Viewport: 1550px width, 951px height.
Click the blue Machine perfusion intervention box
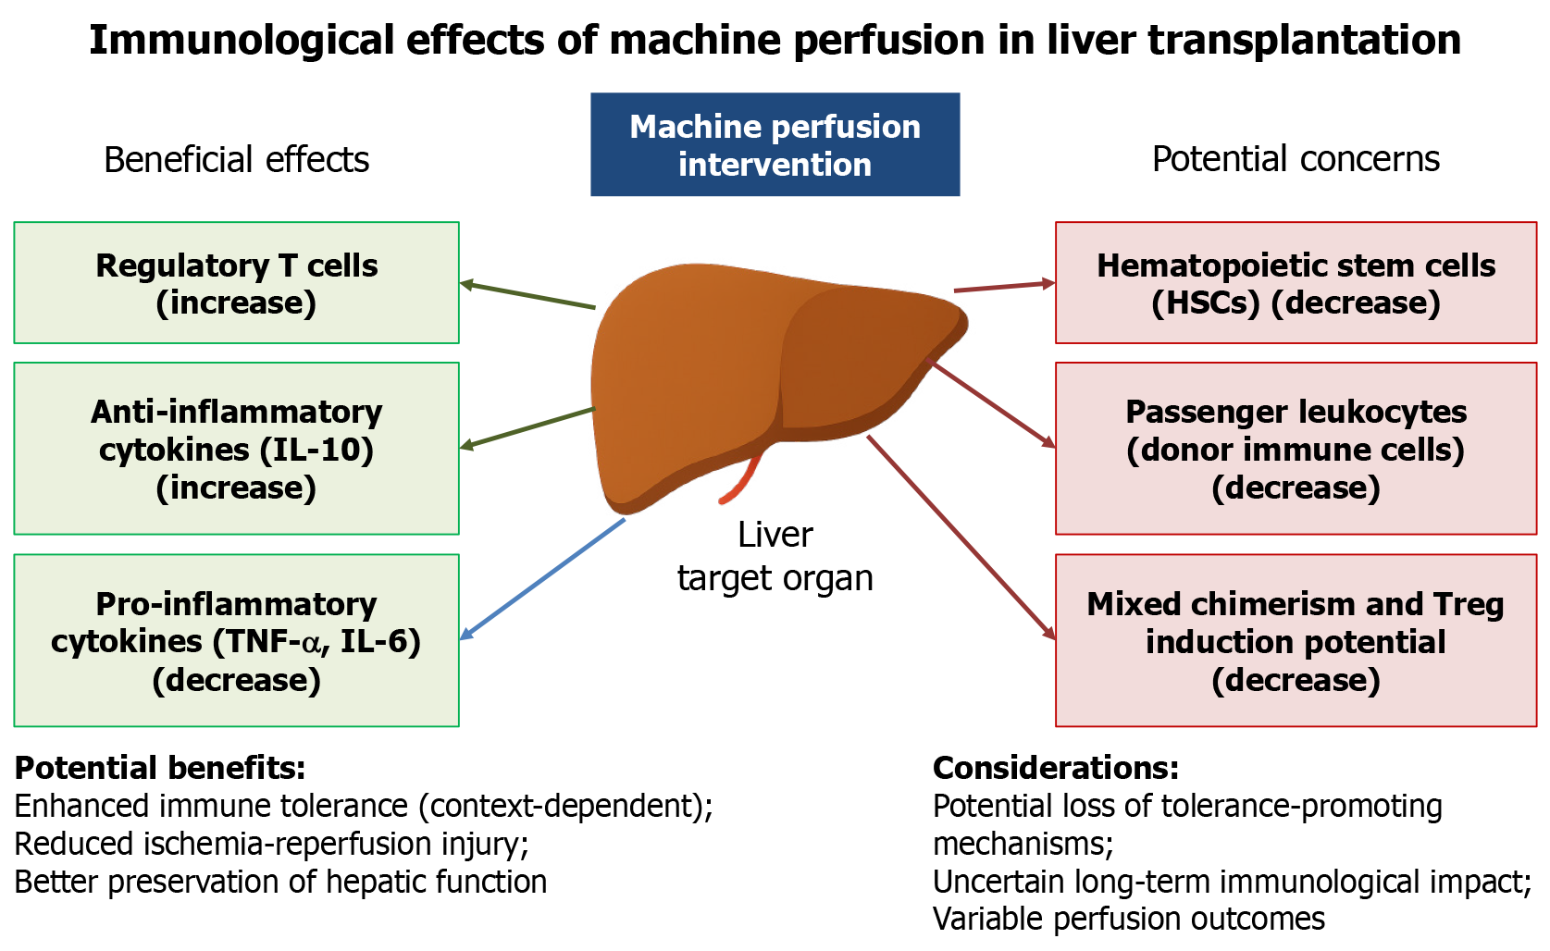click(x=775, y=144)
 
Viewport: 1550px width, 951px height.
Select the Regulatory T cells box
click(x=236, y=283)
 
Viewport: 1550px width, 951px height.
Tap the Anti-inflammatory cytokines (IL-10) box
click(x=236, y=449)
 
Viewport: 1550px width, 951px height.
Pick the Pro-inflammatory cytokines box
click(x=236, y=640)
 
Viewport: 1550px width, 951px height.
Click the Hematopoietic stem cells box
click(x=1296, y=283)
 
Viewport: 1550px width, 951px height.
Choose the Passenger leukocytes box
click(x=1296, y=449)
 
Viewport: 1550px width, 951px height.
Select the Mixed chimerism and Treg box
click(x=1296, y=640)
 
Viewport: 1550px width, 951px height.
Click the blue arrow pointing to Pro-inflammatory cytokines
click(x=543, y=578)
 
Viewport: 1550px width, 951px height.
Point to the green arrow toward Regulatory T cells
click(x=527, y=294)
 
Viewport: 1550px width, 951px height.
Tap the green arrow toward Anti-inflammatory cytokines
click(x=527, y=428)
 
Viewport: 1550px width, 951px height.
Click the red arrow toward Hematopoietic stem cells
click(x=1004, y=287)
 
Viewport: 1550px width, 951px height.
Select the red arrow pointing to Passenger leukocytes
click(x=992, y=403)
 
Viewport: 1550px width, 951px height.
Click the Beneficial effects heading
click(x=236, y=160)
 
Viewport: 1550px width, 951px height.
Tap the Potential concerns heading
click(x=1296, y=159)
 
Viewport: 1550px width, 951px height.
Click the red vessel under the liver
click(x=743, y=480)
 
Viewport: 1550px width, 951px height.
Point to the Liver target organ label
click(x=775, y=556)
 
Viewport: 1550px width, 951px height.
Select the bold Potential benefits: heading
click(x=160, y=768)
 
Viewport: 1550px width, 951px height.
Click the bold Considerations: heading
click(x=1056, y=768)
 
